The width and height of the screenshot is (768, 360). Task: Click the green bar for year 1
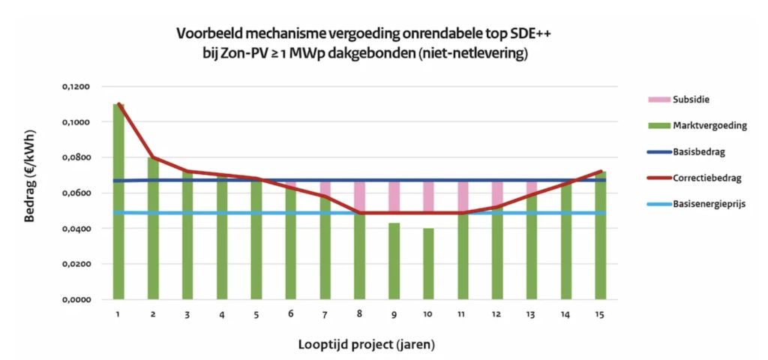coord(118,202)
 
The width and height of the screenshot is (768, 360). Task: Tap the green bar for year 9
coord(394,261)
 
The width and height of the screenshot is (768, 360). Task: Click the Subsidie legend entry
coord(688,99)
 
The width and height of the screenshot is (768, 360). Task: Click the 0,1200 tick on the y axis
coord(76,87)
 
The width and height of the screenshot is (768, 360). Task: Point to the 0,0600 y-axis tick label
coord(76,193)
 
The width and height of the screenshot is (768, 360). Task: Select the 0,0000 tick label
coord(76,300)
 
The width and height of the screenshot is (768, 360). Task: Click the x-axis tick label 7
coord(325,314)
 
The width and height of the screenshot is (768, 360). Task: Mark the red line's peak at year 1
coord(118,104)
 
